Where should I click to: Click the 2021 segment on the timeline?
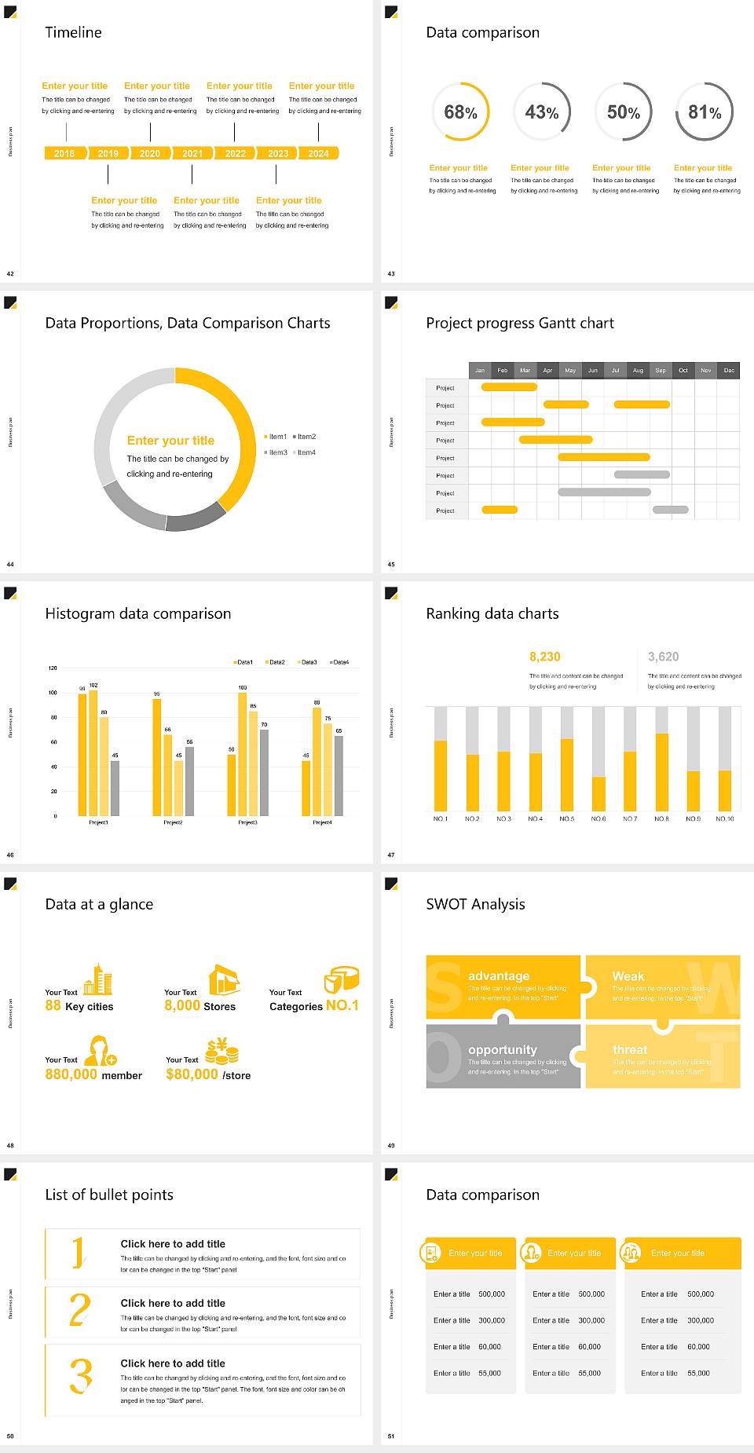pyautogui.click(x=192, y=154)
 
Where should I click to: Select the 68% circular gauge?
pyautogui.click(x=460, y=112)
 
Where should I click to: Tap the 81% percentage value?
pyautogui.click(x=705, y=112)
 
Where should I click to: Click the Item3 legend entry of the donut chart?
pyautogui.click(x=276, y=452)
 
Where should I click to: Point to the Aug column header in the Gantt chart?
pyautogui.click(x=638, y=370)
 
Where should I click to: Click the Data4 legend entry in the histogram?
pyautogui.click(x=339, y=662)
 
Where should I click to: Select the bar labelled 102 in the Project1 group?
pyautogui.click(x=93, y=750)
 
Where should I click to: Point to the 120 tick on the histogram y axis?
pyautogui.click(x=53, y=668)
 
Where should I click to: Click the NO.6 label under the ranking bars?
pyautogui.click(x=598, y=818)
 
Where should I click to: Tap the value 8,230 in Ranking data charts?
pyautogui.click(x=544, y=657)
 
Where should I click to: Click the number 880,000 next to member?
pyautogui.click(x=71, y=1074)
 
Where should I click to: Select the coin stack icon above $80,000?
pyautogui.click(x=221, y=1051)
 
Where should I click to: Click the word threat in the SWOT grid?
pyautogui.click(x=630, y=1049)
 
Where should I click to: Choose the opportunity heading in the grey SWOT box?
pyautogui.click(x=503, y=1049)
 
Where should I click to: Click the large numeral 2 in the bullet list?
pyautogui.click(x=80, y=1310)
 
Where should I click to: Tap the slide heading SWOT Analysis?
pyautogui.click(x=475, y=904)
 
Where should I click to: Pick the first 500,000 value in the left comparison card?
pyautogui.click(x=492, y=1294)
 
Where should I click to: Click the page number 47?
pyautogui.click(x=391, y=855)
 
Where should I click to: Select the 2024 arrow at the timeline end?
pyautogui.click(x=319, y=154)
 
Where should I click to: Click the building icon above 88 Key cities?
pyautogui.click(x=98, y=979)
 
